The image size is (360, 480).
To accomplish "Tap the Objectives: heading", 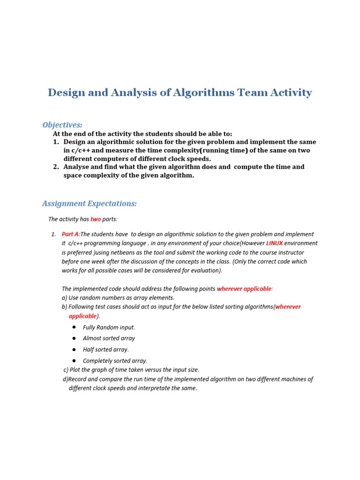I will pos(62,125).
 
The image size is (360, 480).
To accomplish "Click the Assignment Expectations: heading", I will pos(89,203).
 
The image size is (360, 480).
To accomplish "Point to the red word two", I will pos(96,219).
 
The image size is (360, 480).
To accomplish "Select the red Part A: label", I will pos(71,234).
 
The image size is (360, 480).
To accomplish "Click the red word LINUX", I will pos(274,243).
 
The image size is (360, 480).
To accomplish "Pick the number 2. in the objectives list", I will pos(56,167).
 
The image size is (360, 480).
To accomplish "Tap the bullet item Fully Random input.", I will pos(109,327).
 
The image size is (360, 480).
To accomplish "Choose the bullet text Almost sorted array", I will pos(109,338).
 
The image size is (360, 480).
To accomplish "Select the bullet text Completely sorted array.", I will pos(115,361).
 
